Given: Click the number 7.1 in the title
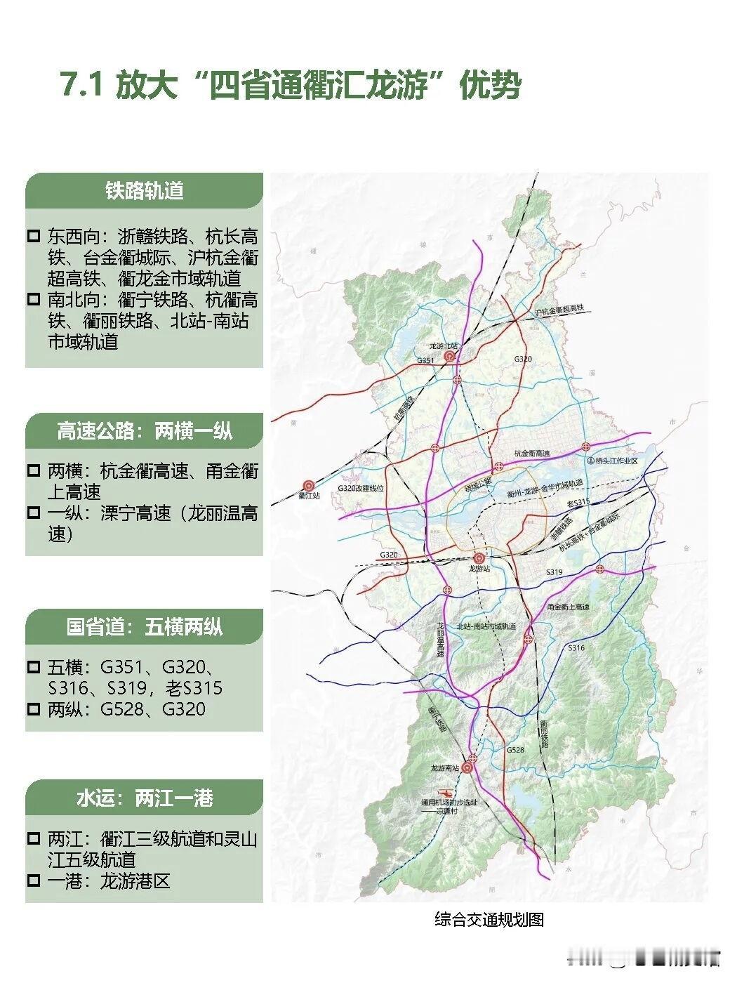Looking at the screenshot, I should click(x=83, y=86).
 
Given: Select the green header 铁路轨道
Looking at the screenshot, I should click(x=145, y=191).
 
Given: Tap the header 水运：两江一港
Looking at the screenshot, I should click(x=145, y=798).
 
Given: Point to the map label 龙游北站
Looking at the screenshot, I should click(x=444, y=346).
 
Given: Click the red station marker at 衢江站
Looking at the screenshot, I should click(x=308, y=484).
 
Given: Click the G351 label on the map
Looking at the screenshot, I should click(x=426, y=360).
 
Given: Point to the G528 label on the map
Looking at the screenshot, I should click(x=515, y=751).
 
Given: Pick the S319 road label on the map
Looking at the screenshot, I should click(x=555, y=572).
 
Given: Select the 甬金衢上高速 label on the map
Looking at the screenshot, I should click(x=568, y=607).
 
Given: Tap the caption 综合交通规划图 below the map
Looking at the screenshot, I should click(x=489, y=919).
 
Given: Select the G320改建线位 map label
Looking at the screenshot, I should click(x=359, y=488).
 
